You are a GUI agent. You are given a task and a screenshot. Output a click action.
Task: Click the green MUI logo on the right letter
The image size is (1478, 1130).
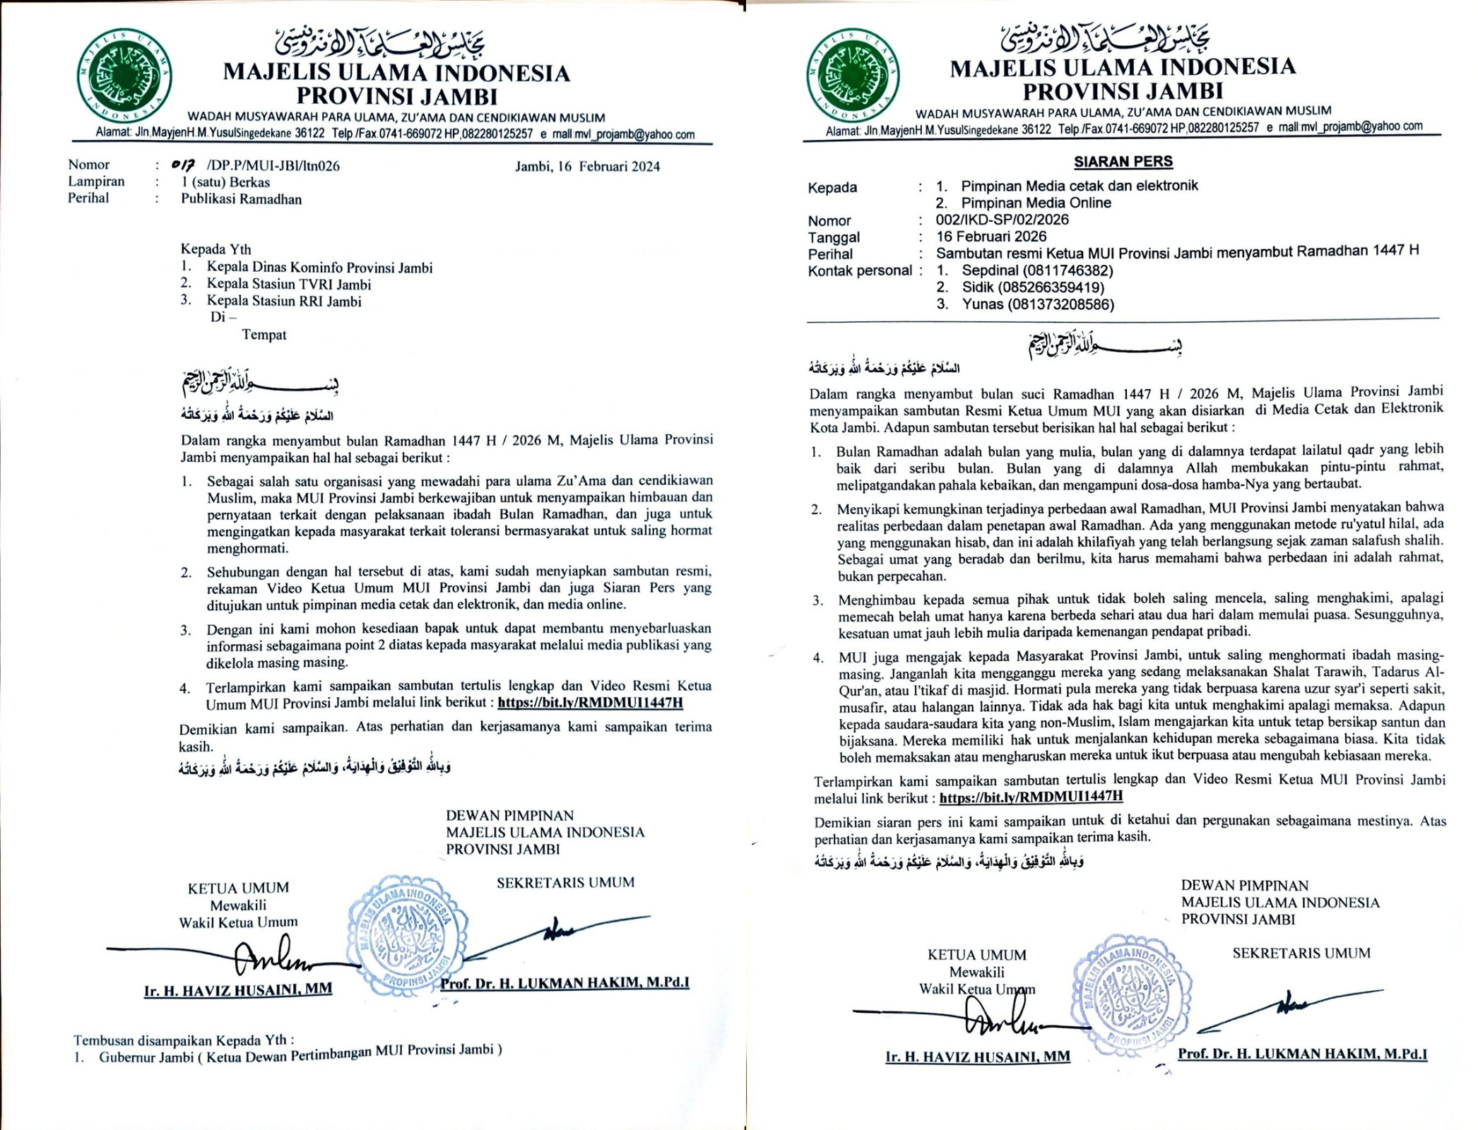tap(853, 76)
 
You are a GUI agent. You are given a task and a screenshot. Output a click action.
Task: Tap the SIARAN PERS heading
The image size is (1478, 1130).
tap(1123, 162)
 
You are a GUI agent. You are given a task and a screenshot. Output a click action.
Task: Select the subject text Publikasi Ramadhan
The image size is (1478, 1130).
tap(241, 199)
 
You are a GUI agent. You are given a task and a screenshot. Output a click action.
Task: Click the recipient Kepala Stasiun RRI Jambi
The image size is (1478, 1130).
tap(283, 302)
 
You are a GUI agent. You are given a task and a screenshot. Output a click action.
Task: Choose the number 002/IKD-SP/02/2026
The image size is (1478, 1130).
tap(1002, 220)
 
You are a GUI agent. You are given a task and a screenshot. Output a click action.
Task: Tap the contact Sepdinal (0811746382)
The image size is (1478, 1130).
tap(1037, 270)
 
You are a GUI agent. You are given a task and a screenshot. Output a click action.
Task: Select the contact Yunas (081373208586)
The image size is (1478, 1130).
tap(1038, 304)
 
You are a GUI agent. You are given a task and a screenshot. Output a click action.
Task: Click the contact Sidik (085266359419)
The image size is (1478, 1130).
tap(1033, 287)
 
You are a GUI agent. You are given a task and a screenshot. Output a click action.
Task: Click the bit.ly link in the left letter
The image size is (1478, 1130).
tap(590, 703)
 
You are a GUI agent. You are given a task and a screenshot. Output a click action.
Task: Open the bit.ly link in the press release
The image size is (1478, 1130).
tap(1031, 797)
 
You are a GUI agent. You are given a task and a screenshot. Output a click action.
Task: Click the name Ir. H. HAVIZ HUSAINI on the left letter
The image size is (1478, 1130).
tap(237, 990)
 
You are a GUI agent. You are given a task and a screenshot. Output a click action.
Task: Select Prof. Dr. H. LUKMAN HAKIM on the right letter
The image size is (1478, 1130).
tap(1301, 1054)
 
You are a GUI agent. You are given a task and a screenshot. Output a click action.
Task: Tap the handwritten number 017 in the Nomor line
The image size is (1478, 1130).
tap(184, 166)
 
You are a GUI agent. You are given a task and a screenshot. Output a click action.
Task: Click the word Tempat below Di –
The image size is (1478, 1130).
tap(264, 335)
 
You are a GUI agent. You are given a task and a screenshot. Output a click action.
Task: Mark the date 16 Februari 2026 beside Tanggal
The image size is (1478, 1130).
tap(991, 237)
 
